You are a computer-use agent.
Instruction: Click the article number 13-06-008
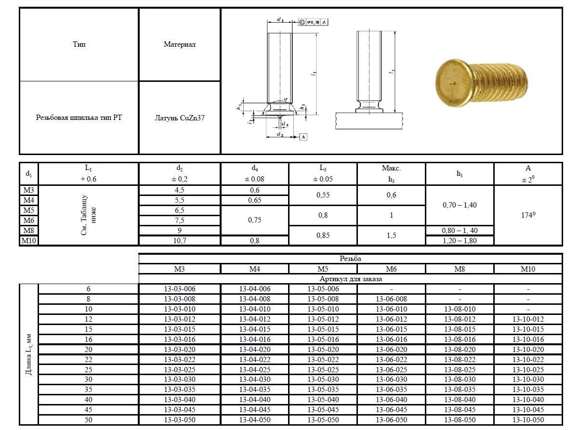[391, 299]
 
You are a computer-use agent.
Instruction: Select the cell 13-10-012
[528, 319]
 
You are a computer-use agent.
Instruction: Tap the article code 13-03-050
[180, 420]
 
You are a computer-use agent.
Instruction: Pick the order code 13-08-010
[460, 309]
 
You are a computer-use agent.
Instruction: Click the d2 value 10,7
[180, 241]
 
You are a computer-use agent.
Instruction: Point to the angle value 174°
[528, 215]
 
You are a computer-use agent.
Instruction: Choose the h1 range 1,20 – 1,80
[460, 241]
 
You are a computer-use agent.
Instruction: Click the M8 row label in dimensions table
[29, 230]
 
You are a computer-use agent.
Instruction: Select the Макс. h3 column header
[391, 173]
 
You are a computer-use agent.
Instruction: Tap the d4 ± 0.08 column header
[254, 173]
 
